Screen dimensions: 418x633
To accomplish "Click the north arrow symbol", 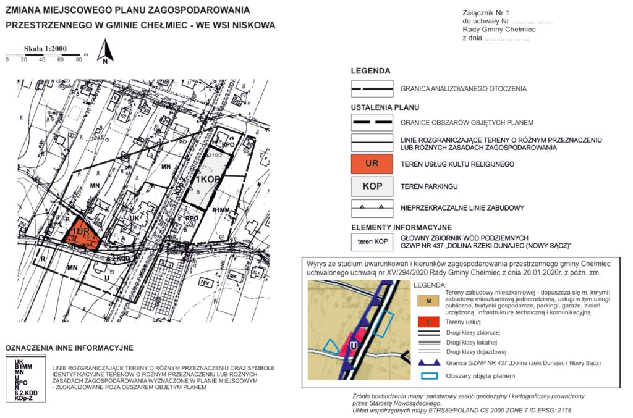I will pos(106,52).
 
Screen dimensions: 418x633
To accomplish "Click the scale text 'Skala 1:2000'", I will pos(45,48).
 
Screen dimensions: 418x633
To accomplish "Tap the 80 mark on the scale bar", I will pos(79,60).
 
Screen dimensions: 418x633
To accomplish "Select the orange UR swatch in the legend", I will pos(372,164).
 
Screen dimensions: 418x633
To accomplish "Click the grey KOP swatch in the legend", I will pos(372,186).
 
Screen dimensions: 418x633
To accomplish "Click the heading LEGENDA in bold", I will pos(370,71).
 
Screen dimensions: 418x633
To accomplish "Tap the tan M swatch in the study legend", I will pos(428,300).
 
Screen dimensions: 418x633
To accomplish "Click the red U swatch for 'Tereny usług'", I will pos(428,323).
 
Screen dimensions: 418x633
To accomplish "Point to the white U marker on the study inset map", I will pos(352,346).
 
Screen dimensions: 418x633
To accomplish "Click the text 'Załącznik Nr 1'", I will pos(485,13).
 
